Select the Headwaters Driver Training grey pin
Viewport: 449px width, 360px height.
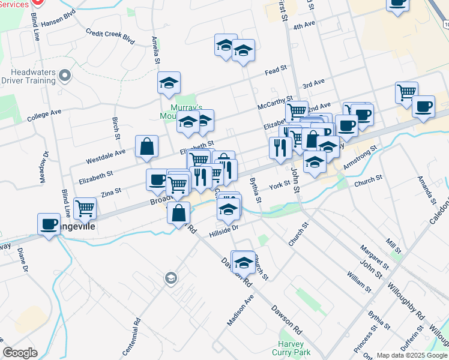click(x=65, y=76)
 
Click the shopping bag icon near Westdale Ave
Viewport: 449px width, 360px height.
click(x=147, y=147)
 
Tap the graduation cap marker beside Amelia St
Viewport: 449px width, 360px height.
click(x=169, y=83)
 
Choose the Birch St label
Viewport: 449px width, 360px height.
click(x=115, y=125)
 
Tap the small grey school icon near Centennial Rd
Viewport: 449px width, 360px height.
click(x=170, y=278)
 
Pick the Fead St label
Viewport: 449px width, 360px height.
click(x=276, y=70)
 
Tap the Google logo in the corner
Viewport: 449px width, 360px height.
click(x=20, y=353)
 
